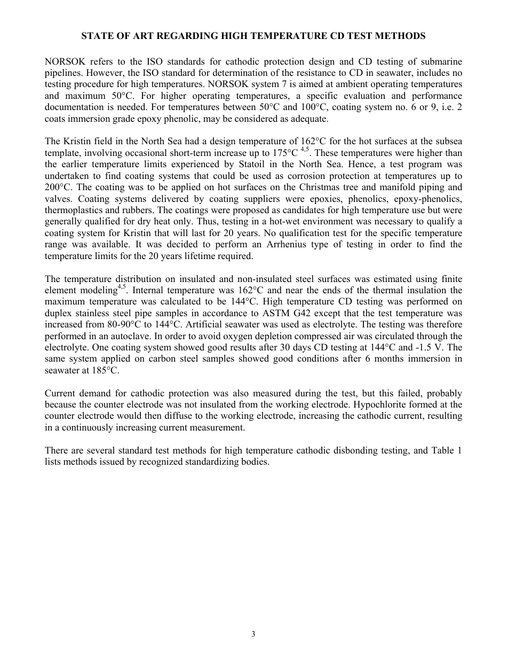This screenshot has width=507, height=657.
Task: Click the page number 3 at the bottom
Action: pos(253,635)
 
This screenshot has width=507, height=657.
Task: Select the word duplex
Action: pos(58,313)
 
